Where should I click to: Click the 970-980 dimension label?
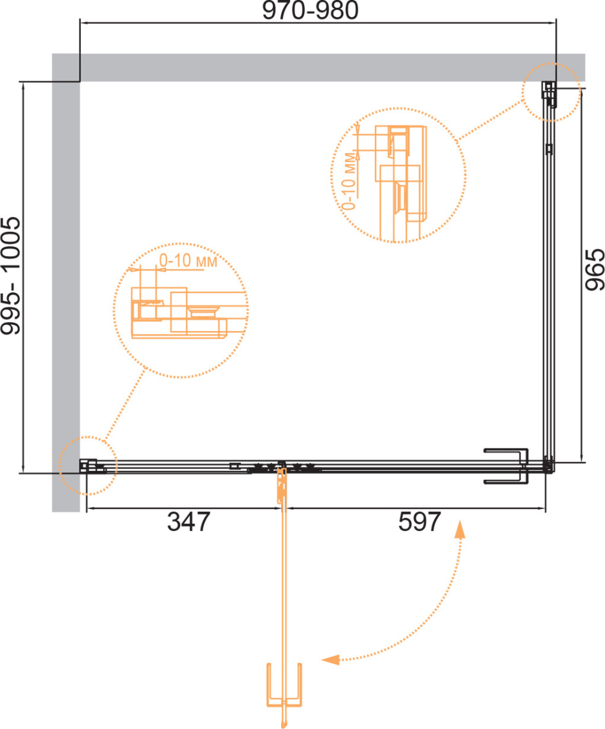pos(310,11)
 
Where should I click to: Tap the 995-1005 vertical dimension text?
pos(11,276)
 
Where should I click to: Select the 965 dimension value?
pos(594,269)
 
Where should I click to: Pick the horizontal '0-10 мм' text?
pos(188,261)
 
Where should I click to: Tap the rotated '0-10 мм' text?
pos(349,181)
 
